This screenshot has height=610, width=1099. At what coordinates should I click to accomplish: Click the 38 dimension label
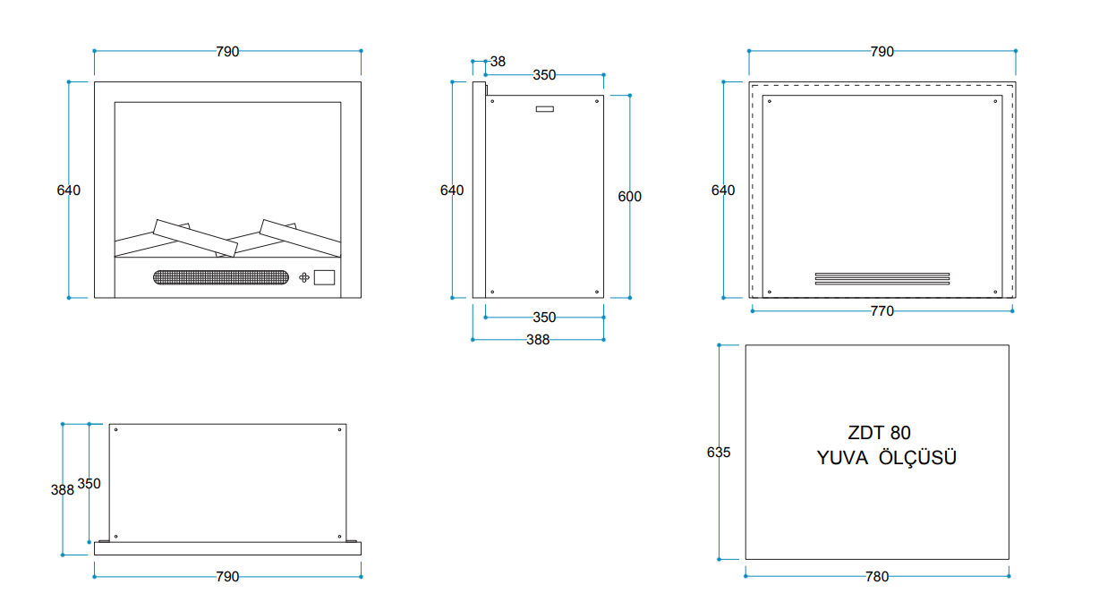(x=498, y=62)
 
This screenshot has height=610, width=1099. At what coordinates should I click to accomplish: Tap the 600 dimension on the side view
(x=629, y=197)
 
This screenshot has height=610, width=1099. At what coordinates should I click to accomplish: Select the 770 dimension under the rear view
(x=882, y=311)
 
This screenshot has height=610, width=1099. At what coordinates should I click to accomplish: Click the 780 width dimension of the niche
(x=877, y=577)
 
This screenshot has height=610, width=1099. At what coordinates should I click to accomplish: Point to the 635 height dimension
(x=719, y=452)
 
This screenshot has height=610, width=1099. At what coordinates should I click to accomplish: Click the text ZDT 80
(x=879, y=433)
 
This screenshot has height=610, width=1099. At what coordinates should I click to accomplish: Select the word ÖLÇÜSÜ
(x=917, y=457)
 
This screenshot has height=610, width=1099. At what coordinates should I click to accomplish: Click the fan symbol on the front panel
(x=304, y=277)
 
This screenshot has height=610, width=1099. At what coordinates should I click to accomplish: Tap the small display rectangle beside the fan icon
(x=324, y=277)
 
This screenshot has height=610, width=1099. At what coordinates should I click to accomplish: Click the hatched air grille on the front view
(x=221, y=277)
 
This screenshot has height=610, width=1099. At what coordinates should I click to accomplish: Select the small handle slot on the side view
(x=545, y=109)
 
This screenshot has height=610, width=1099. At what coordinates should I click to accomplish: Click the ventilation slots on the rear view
(x=882, y=278)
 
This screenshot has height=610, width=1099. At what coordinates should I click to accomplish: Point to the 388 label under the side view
(x=538, y=340)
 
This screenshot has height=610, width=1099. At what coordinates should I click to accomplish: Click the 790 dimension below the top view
(x=227, y=577)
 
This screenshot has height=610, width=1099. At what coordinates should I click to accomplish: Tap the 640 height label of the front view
(x=68, y=191)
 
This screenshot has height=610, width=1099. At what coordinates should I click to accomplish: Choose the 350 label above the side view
(x=544, y=75)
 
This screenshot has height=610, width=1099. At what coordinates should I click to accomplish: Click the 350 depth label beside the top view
(x=89, y=484)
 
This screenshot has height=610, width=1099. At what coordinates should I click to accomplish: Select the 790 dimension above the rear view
(x=882, y=52)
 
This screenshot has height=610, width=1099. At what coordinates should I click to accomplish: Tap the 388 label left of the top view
(x=63, y=490)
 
